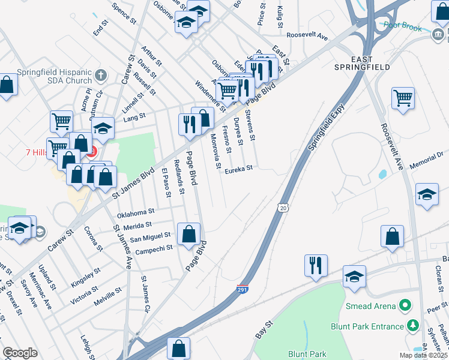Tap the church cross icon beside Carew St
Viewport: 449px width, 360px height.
tap(101, 76)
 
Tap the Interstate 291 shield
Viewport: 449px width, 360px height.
tap(243, 289)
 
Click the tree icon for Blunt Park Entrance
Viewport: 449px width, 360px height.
tap(412, 326)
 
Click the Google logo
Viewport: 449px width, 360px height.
tap(20, 353)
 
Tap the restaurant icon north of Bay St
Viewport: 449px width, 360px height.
tap(316, 265)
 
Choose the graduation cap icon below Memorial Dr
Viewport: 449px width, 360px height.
tap(427, 195)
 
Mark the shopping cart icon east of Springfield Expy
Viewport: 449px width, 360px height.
tap(403, 97)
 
